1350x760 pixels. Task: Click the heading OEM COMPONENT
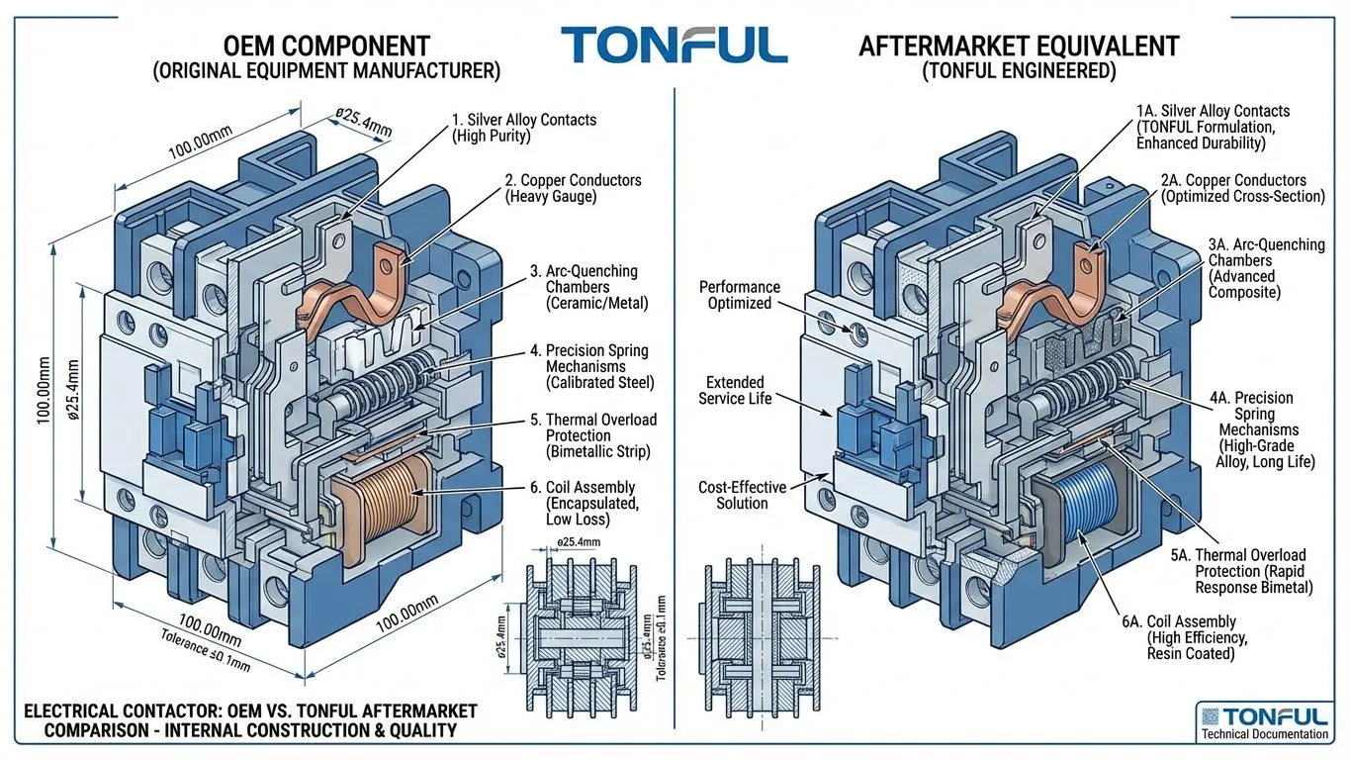(326, 47)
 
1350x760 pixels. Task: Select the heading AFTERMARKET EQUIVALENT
(1019, 47)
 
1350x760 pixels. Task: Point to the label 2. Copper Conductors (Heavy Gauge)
(573, 188)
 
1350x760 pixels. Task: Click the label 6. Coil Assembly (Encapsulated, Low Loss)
(589, 503)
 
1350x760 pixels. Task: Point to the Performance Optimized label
(740, 295)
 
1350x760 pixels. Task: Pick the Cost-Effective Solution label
(742, 495)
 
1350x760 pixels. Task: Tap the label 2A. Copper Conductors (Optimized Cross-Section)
(1242, 188)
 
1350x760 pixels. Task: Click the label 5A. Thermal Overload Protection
(1237, 571)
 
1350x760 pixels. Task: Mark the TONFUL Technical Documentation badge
(1262, 721)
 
